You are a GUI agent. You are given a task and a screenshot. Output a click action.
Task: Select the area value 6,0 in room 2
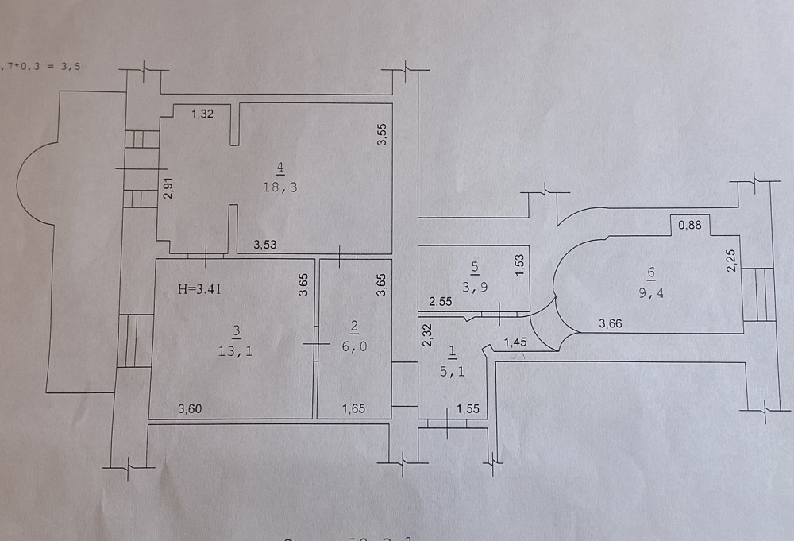(355, 348)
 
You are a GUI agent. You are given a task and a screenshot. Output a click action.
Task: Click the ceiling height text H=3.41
(198, 290)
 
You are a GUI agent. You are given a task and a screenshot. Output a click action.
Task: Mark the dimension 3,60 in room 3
(190, 409)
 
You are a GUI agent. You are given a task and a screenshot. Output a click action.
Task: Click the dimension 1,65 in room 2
(354, 409)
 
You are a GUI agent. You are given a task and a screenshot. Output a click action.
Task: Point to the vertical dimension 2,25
(730, 261)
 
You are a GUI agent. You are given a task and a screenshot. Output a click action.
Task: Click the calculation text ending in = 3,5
(43, 68)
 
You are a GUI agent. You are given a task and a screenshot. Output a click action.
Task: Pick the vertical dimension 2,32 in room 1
(426, 334)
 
